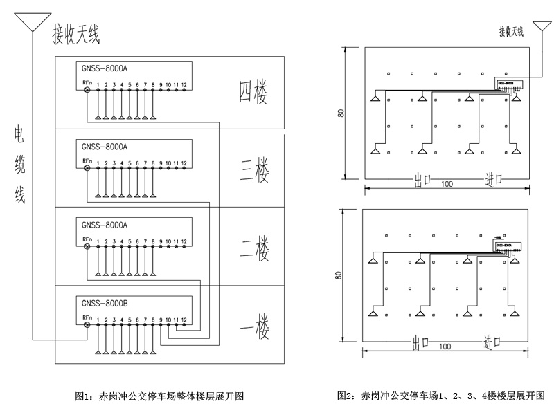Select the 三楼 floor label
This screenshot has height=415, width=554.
point(254,170)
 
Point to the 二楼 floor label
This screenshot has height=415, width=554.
point(254,247)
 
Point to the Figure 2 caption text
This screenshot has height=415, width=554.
point(441,396)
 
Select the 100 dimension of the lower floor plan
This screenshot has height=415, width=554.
point(445,347)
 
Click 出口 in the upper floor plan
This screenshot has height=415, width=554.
point(423,179)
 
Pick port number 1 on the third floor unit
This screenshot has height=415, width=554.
point(98,163)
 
